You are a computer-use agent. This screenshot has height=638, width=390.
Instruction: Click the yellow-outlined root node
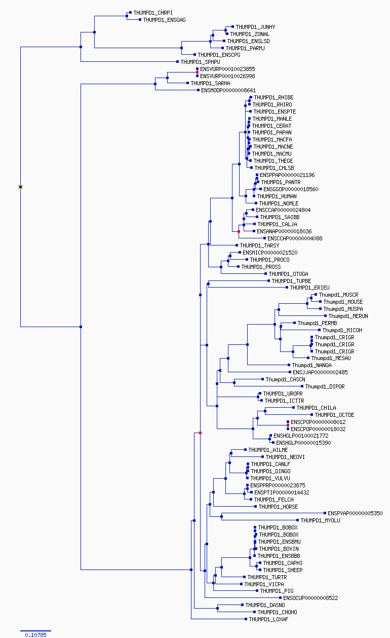coord(20,187)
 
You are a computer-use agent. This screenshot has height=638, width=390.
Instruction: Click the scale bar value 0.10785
coord(35,635)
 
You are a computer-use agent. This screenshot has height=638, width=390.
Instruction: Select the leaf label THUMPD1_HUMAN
coord(277,196)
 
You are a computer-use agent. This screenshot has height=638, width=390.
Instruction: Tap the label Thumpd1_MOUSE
coord(343,302)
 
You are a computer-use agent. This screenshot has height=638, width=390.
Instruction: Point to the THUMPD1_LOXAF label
coord(268,619)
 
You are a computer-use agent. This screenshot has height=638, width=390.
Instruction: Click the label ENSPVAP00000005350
coord(355,513)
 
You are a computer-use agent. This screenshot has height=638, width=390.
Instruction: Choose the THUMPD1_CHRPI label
coord(153,13)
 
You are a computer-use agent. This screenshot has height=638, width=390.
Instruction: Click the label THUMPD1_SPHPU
coord(200,62)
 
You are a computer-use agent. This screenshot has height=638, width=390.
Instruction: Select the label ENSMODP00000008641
coord(228,90)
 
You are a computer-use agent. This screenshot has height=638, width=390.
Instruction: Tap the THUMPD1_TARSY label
coord(259,245)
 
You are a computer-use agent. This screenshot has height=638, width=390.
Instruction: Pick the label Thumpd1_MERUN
coord(348,316)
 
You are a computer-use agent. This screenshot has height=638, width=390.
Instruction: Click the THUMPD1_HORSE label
coord(278,507)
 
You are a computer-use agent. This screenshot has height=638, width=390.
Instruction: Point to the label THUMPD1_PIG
coord(277,591)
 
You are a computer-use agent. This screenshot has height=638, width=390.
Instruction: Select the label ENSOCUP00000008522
coord(310,598)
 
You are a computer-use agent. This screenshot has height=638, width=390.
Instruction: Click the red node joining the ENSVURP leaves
coord(197,73)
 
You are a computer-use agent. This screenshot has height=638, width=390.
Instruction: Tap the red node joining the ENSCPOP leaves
coord(288,425)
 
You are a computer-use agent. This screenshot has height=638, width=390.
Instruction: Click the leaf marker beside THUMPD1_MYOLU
coord(297,520)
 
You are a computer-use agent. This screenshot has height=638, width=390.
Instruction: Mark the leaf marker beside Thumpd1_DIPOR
coord(302,386)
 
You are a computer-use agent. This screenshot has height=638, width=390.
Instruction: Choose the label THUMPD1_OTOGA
coord(288,274)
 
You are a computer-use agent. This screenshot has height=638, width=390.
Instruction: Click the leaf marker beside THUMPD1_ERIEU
coord(287,288)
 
